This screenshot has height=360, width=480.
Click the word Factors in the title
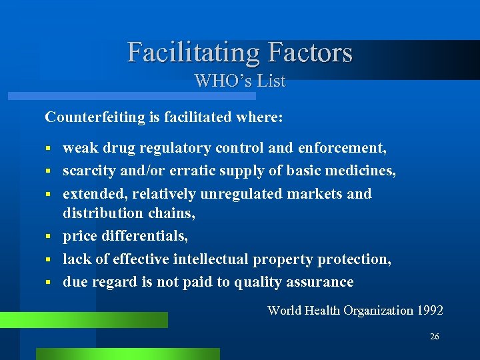pos(309,52)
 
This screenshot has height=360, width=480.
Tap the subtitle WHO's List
pos(240,81)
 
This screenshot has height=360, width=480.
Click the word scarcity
pos(89,171)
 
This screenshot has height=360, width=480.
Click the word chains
pos(175,213)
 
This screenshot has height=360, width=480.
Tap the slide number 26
pos(435,337)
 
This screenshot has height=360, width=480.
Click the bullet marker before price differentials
pos(48,237)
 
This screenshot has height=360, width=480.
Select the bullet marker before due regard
pos(48,282)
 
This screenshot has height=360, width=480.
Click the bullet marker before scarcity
pos(48,171)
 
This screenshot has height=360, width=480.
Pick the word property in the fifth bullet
pos(293,259)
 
